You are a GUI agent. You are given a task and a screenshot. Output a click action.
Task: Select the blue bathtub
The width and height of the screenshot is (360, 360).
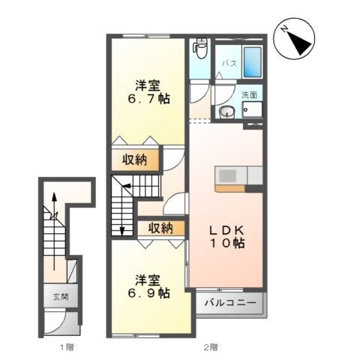[251, 61]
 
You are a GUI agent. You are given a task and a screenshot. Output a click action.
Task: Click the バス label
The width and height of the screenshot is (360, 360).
[229, 64]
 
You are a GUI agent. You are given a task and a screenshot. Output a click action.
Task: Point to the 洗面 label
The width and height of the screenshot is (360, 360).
[249, 95]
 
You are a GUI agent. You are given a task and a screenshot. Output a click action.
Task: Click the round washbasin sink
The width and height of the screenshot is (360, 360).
[227, 113]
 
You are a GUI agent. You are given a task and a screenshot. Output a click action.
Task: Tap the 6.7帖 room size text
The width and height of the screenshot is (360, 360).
[148, 99]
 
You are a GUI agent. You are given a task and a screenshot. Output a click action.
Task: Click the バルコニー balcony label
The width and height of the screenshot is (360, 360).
[231, 304]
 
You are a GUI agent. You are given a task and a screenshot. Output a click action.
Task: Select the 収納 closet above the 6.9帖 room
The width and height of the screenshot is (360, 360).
[161, 228]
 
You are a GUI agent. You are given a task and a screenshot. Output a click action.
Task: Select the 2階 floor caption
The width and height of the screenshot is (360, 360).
[210, 347]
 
